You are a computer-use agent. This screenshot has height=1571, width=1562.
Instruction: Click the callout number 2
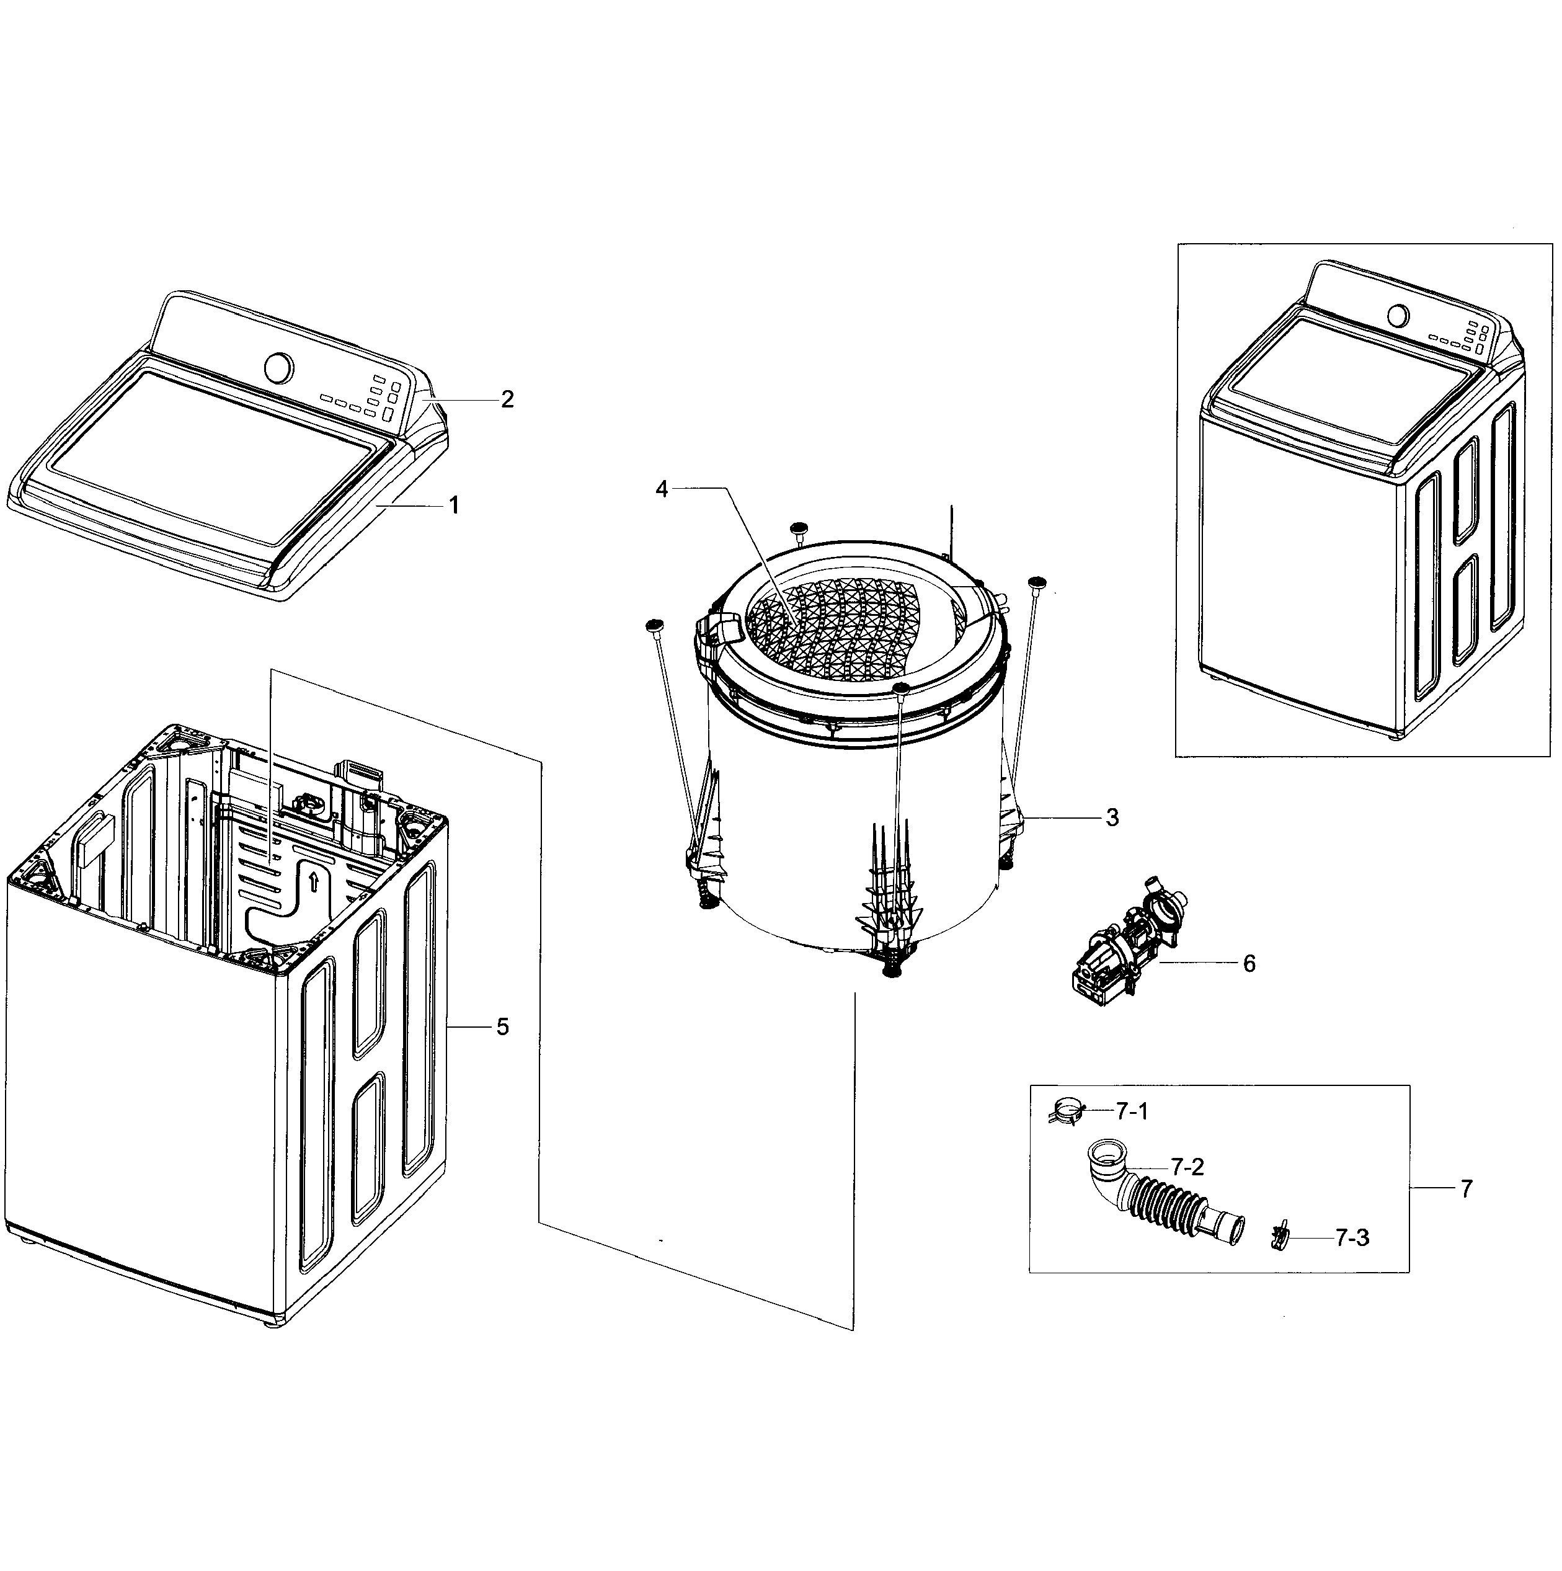[x=507, y=399]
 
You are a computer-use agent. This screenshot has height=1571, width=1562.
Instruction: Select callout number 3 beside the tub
[x=1112, y=817]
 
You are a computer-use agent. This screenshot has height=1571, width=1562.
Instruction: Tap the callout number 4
[x=662, y=489]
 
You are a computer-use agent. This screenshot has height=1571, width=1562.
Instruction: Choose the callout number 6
[x=1249, y=964]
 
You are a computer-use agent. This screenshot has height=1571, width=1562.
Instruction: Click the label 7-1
[x=1132, y=1111]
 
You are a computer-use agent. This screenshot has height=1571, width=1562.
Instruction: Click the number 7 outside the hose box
[x=1466, y=1190]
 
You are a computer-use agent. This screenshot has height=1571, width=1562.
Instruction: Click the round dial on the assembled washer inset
[x=1397, y=314]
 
